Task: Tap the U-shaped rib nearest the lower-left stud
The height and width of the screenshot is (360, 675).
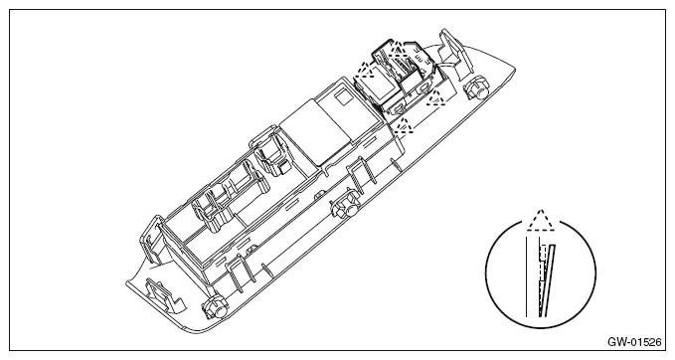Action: point(239,269)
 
